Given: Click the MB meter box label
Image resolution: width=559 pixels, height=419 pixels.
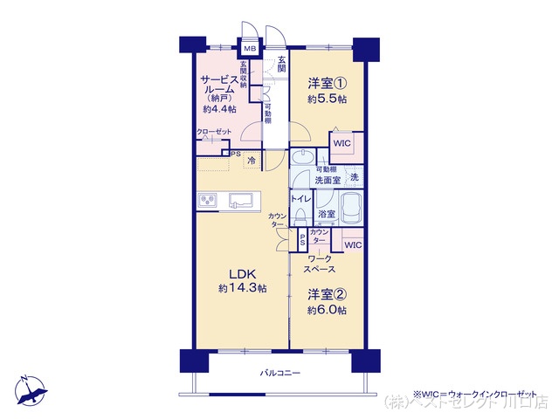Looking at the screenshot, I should pos(249,50).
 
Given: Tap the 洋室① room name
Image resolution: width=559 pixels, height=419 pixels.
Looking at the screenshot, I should pos(327,84).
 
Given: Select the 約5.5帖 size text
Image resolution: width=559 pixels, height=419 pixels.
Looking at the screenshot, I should pos(327,100).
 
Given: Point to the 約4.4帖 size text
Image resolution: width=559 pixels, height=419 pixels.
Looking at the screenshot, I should pos(219,109).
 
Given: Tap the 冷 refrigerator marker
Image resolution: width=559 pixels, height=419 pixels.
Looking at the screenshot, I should pos(252,161).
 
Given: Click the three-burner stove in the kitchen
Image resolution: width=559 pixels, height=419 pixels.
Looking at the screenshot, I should pos(208,200).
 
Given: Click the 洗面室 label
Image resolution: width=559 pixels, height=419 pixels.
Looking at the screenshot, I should pos(328,180).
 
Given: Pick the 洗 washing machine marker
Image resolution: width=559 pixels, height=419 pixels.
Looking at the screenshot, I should pos(354,176).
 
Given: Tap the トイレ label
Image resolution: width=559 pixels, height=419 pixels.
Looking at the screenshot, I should pos(300,199).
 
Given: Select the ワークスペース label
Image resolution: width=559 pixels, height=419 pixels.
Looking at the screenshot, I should pos(321,264).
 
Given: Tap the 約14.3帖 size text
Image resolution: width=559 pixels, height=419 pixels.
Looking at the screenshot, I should pos(242,289).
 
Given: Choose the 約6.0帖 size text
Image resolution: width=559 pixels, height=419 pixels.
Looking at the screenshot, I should pos(327,311).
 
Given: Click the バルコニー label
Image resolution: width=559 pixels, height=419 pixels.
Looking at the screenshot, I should pos(279,373).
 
